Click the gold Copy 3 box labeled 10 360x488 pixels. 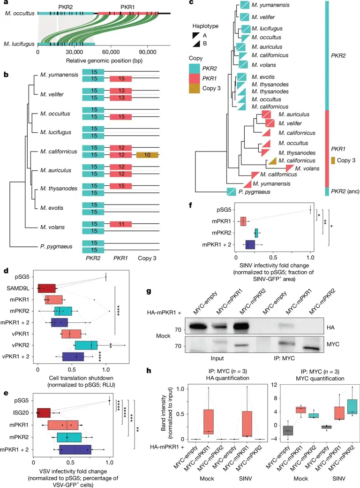tap(147, 155)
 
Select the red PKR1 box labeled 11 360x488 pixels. tap(120, 224)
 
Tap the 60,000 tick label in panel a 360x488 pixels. tap(111, 52)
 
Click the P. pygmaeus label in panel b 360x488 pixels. tap(56, 246)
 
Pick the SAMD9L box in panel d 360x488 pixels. tap(46, 288)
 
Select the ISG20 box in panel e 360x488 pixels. tap(44, 412)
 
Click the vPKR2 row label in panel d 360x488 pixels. tap(20, 345)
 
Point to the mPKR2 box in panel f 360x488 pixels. tap(256, 233)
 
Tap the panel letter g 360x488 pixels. tap(149, 291)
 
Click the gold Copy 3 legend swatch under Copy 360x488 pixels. tap(195, 88)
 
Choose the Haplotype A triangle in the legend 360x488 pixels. tap(196, 36)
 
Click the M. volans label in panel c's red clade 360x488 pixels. tap(307, 168)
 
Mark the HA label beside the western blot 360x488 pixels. tap(330, 328)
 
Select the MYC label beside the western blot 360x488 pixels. tap(333, 344)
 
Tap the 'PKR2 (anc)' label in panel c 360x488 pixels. tap(345, 191)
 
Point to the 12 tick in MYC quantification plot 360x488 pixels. tap(274, 385)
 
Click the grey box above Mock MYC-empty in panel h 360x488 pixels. tap(288, 431)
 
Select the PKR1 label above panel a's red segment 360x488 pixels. tap(128, 7)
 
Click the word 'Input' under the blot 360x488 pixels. tap(217, 358)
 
